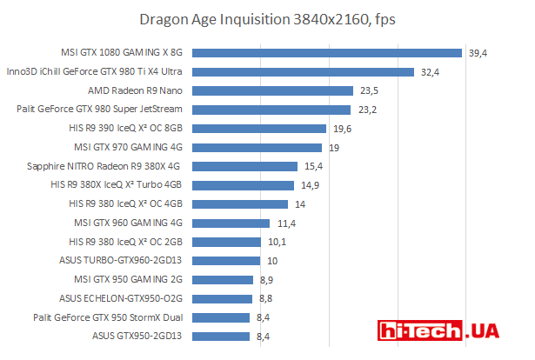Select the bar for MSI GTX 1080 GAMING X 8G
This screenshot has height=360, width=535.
click(x=330, y=53)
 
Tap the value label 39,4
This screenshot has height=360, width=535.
click(x=478, y=53)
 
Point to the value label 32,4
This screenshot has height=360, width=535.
click(x=430, y=72)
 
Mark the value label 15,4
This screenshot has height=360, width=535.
click(x=314, y=166)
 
